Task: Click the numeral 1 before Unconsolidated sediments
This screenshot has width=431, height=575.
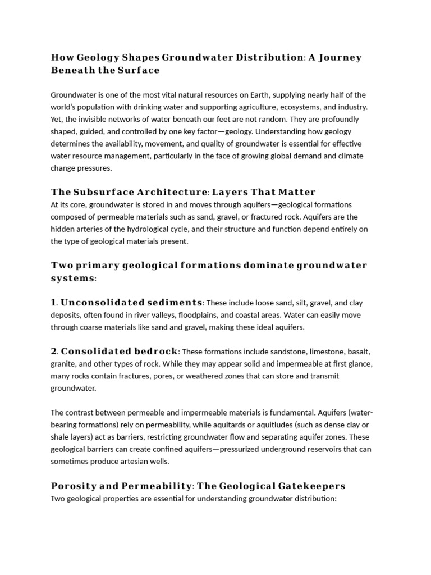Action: pyautogui.click(x=54, y=303)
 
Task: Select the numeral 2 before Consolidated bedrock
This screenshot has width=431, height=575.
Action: pyautogui.click(x=54, y=352)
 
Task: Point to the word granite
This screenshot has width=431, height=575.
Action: pyautogui.click(x=63, y=364)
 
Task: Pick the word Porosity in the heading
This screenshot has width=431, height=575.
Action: pyautogui.click(x=72, y=486)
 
